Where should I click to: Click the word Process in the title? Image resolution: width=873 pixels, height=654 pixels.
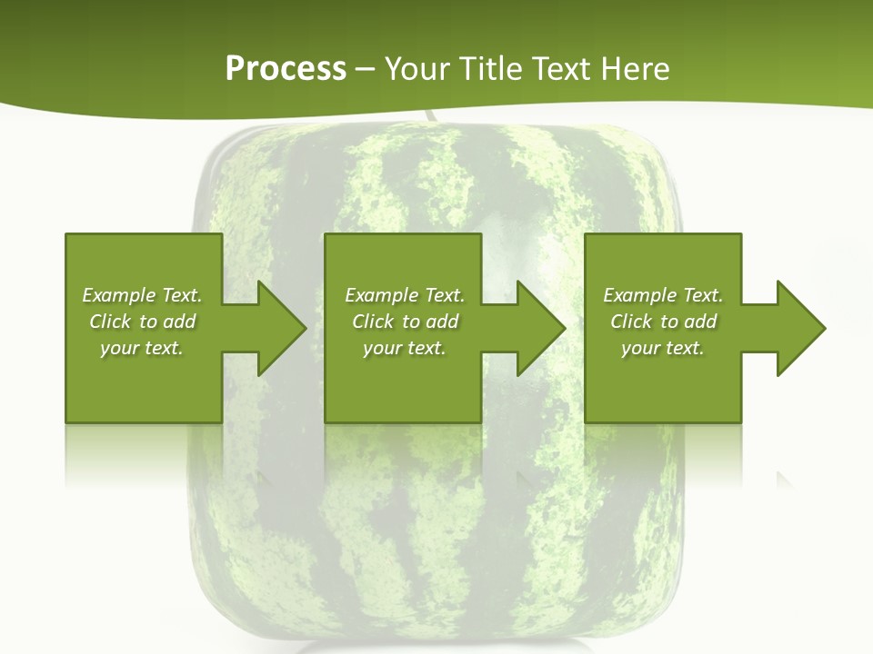click(286, 69)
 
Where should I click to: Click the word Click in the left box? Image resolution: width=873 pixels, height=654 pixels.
click(111, 322)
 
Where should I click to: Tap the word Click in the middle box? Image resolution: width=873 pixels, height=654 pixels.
click(374, 322)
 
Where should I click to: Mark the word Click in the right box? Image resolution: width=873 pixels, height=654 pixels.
click(632, 322)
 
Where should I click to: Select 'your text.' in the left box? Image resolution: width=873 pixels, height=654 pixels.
click(142, 348)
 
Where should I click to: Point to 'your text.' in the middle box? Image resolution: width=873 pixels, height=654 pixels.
click(405, 348)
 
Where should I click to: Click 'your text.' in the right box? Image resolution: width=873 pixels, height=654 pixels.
click(663, 348)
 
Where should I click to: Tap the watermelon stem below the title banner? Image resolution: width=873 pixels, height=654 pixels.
click(429, 117)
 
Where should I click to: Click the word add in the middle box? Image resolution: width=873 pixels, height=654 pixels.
click(442, 322)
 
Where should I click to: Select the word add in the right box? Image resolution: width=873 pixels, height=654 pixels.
click(700, 322)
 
